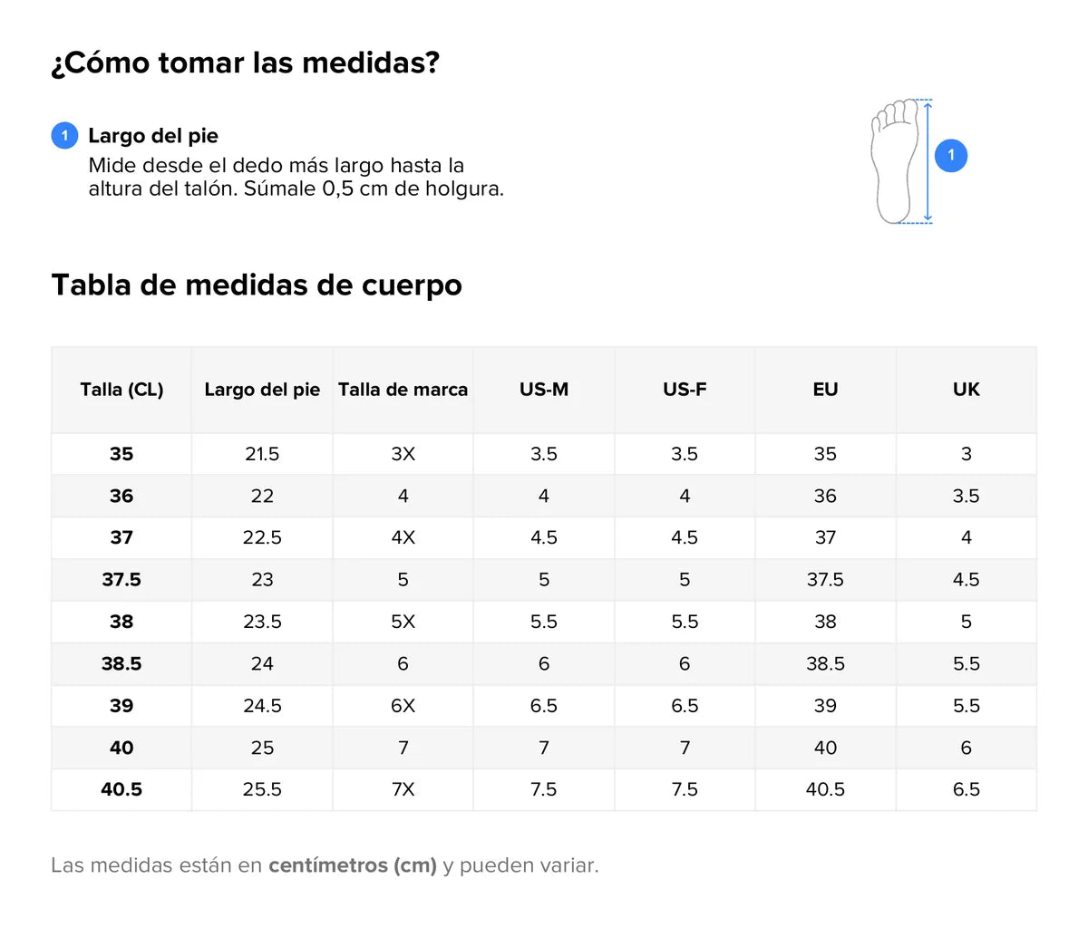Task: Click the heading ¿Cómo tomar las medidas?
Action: tap(245, 63)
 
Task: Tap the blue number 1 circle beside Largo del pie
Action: tap(64, 136)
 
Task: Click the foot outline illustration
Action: tap(894, 161)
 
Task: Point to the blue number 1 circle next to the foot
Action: tap(951, 155)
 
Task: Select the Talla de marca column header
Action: tap(403, 390)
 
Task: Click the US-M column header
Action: tap(544, 390)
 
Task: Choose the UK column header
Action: tap(966, 390)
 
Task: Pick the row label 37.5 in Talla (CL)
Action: tap(121, 580)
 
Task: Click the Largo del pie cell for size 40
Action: tap(262, 748)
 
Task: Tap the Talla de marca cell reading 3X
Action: tap(403, 454)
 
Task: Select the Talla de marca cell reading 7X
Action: tap(403, 789)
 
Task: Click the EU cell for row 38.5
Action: tap(825, 664)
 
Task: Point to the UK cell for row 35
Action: tap(966, 454)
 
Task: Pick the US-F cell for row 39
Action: tap(685, 706)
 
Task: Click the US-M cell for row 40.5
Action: tap(544, 789)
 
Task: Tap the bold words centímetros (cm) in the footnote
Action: tap(353, 865)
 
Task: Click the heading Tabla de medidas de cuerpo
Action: tap(257, 285)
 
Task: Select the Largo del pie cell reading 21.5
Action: tap(262, 454)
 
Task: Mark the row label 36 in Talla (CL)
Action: tap(121, 496)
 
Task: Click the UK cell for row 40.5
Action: tap(966, 789)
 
